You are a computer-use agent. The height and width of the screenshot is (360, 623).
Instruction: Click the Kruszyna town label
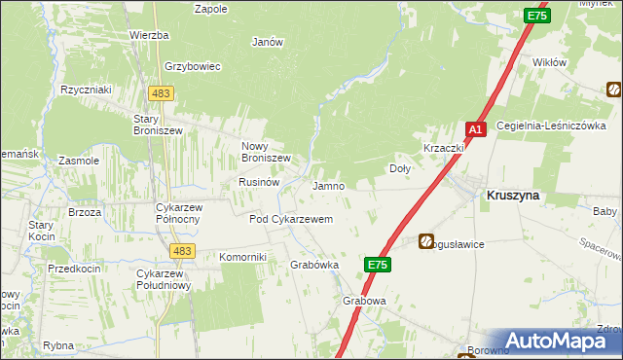[x=513, y=195]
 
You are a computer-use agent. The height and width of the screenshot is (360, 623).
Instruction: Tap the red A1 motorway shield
[x=475, y=129]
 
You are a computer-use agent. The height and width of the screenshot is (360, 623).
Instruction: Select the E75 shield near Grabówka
[x=379, y=264]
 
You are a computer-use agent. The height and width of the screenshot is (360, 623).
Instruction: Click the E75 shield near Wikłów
[x=536, y=16]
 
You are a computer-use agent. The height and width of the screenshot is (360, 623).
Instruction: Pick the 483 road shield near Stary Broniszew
[x=161, y=92]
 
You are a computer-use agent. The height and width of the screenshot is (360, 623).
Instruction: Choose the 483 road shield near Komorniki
[x=180, y=251]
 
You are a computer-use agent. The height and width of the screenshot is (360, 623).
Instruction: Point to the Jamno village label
[x=328, y=185]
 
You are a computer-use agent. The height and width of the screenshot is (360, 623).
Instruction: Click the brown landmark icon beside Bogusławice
[x=427, y=240]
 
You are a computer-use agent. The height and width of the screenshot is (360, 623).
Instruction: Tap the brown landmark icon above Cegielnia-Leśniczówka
[x=614, y=90]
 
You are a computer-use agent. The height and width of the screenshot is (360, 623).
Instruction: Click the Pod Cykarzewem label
[x=291, y=220]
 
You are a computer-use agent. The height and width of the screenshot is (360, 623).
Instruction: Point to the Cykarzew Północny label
[x=178, y=214]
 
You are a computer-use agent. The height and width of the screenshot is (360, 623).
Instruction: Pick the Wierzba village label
[x=149, y=35]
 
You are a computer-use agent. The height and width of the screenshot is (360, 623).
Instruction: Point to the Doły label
[x=400, y=168]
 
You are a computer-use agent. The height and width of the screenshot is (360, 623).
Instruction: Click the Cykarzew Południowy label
[x=164, y=279]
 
